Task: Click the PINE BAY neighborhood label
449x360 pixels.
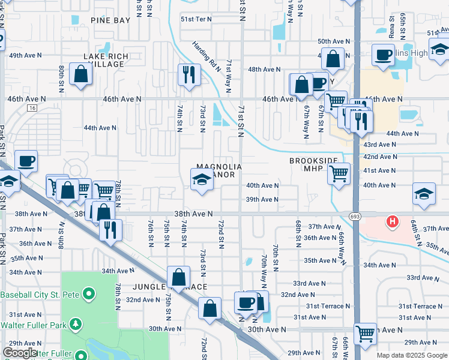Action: [x=110, y=20]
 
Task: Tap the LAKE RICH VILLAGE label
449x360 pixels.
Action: [x=106, y=61]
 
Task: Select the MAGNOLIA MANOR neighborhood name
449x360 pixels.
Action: [x=220, y=170]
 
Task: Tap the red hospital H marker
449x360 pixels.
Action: [x=393, y=222]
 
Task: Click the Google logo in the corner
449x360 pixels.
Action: [x=20, y=353]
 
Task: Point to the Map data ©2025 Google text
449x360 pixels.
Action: [x=411, y=355]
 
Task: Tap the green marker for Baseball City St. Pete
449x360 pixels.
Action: [x=88, y=294]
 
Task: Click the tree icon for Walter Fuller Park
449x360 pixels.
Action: [x=75, y=325]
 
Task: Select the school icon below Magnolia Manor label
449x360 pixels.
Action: [x=201, y=179]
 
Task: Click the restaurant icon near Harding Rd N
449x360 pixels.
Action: [x=188, y=74]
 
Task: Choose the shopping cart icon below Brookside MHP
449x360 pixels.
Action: [x=339, y=173]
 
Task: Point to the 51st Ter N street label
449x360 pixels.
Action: [x=196, y=19]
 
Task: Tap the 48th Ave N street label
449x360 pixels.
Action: [x=264, y=70]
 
